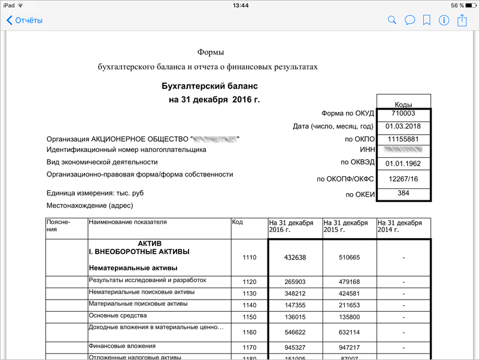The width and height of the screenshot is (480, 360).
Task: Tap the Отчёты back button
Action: (25, 20)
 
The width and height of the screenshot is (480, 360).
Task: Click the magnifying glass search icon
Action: (392, 20)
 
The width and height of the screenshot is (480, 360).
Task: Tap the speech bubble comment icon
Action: (409, 20)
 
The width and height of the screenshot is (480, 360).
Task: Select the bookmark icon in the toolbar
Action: (427, 20)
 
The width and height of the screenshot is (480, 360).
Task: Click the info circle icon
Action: (444, 20)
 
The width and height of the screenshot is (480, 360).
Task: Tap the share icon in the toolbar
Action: (462, 20)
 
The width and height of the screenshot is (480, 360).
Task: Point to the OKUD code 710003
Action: (403, 113)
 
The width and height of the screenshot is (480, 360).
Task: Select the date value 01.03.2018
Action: (403, 126)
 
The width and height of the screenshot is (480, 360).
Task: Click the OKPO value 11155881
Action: (403, 139)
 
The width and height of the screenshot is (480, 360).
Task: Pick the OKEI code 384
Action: (403, 194)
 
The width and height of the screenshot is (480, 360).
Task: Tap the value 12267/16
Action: (403, 179)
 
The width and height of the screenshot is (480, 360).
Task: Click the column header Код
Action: (238, 222)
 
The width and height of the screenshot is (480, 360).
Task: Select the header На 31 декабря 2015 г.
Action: (345, 226)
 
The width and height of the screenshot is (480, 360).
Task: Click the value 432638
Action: (295, 258)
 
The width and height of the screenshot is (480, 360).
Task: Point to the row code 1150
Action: (249, 317)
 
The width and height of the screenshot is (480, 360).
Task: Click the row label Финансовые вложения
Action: (122, 346)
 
